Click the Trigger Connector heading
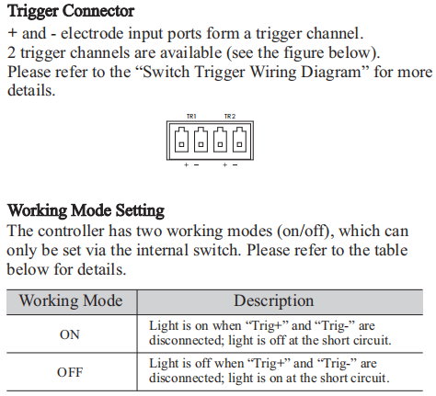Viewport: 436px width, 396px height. [x=71, y=12]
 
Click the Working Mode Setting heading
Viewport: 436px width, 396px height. [x=86, y=211]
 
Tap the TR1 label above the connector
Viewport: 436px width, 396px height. [x=191, y=117]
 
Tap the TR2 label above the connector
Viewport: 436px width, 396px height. [x=230, y=117]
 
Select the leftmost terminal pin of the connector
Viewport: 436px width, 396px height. [x=181, y=140]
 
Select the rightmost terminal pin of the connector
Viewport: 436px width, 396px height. [x=239, y=140]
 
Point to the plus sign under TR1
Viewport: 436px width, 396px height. [x=186, y=165]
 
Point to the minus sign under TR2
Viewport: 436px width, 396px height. [x=235, y=165]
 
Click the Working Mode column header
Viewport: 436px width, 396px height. [x=71, y=300]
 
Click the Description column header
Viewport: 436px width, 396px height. [x=274, y=300]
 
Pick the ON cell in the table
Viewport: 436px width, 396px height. [x=70, y=334]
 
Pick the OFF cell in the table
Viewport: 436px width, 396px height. [x=70, y=372]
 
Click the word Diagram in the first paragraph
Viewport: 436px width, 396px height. [x=336, y=73]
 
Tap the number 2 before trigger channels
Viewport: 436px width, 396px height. [x=11, y=52]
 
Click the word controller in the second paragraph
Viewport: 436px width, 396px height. [x=71, y=232]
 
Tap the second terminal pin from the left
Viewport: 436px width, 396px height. [x=201, y=140]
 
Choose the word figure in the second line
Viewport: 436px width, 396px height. [x=304, y=53]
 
